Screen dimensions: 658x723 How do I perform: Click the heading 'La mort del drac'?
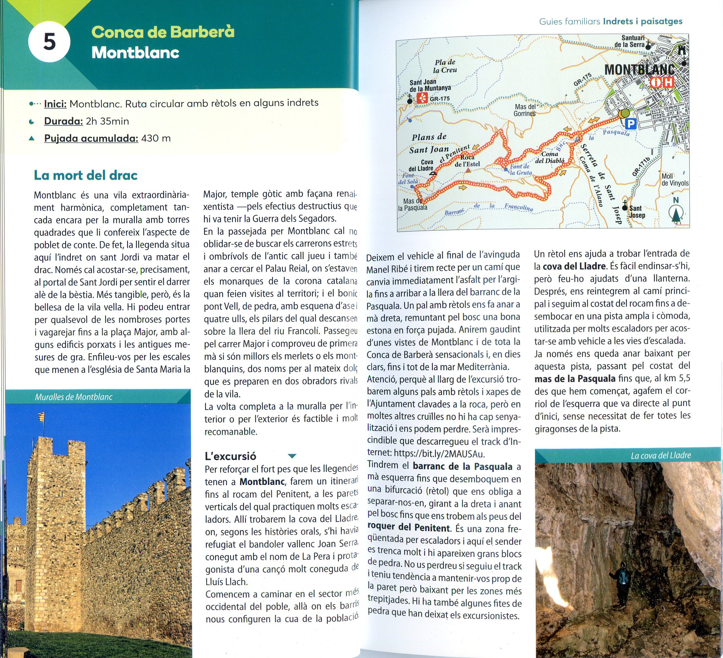tap(86, 175)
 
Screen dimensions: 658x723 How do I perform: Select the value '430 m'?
tap(156, 138)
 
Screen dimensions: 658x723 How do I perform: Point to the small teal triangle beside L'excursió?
tap(292, 456)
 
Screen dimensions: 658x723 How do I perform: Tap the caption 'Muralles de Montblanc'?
tap(74, 397)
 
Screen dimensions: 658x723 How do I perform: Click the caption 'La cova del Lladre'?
tap(660, 455)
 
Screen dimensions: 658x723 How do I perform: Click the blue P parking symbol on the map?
tap(630, 124)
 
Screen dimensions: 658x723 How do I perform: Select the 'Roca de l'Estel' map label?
tap(467, 161)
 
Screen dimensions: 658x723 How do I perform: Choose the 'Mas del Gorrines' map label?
tap(525, 110)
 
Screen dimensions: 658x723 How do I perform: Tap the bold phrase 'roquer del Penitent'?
tap(409, 528)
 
